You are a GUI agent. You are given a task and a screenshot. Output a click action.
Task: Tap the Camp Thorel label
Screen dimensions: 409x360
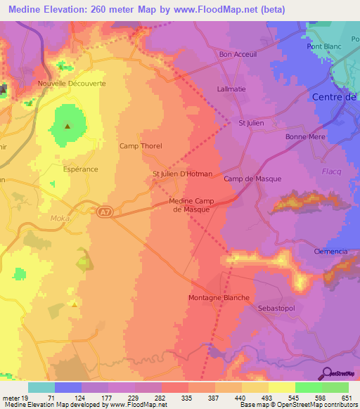(141, 146)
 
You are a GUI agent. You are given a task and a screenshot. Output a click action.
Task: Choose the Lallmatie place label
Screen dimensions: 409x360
(233, 90)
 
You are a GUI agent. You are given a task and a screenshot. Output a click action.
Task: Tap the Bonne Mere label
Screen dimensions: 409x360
(302, 137)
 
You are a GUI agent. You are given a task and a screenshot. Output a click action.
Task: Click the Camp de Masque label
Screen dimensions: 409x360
(252, 179)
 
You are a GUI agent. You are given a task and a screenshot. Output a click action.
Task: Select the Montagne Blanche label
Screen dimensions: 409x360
(219, 298)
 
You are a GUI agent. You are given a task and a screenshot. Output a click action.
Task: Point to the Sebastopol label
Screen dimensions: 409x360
(274, 309)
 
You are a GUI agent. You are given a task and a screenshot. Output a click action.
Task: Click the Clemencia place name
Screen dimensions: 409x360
(331, 252)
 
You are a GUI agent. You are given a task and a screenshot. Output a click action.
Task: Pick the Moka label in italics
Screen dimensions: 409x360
(60, 219)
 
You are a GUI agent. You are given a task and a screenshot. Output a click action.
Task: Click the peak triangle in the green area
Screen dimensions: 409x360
(67, 127)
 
